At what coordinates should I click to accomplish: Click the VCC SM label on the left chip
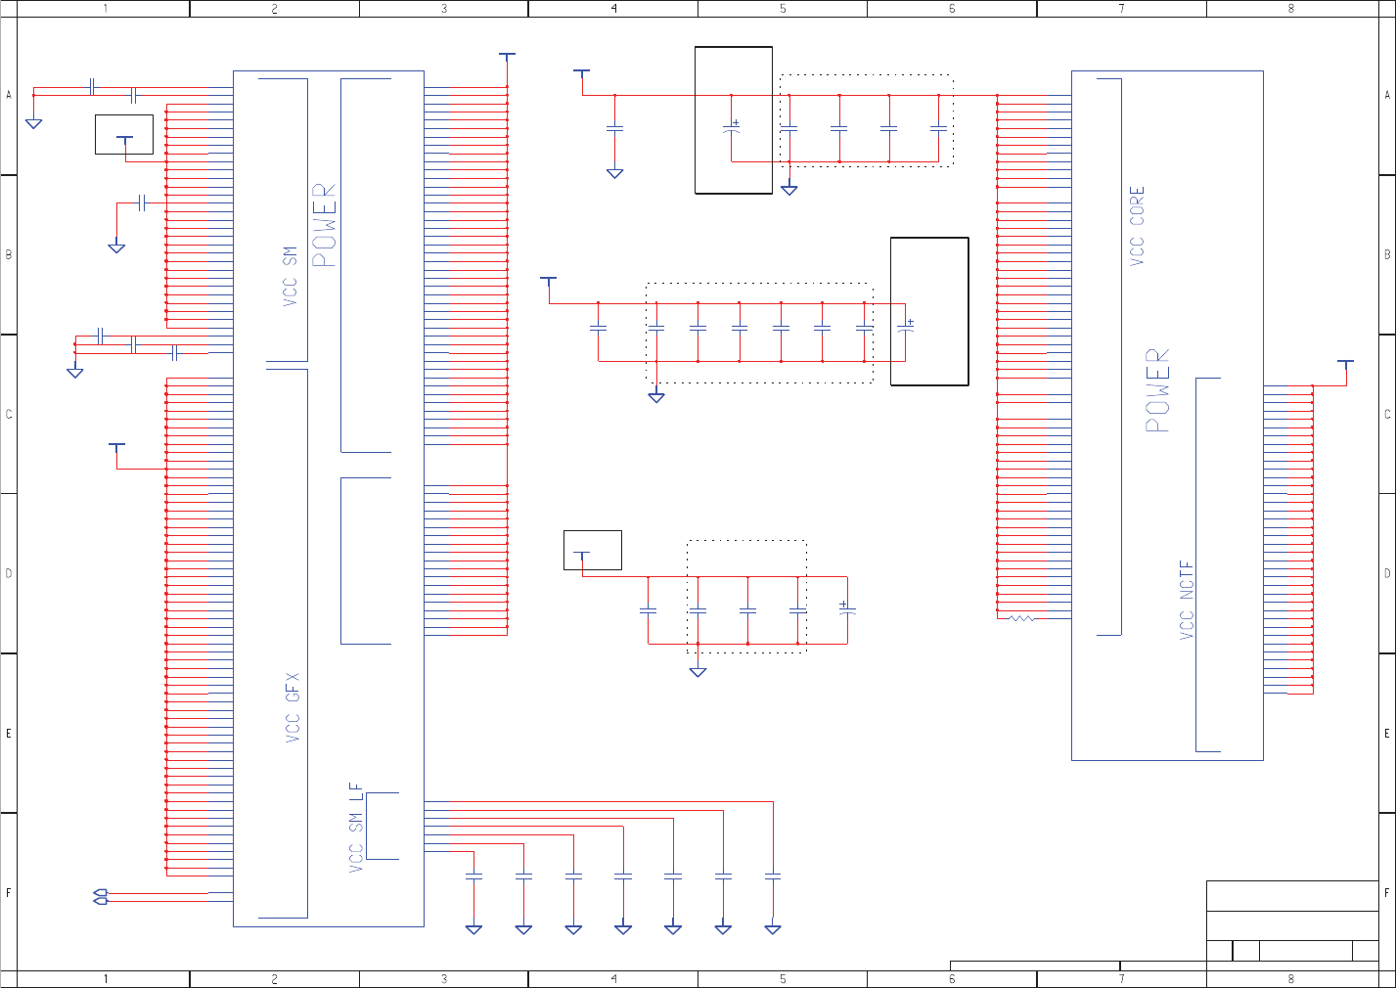pos(290,277)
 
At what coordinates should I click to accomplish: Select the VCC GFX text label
pos(293,707)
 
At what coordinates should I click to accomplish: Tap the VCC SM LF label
pos(356,828)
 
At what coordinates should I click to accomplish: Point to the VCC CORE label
pos(1137,226)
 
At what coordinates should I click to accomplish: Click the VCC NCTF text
pos(1187,600)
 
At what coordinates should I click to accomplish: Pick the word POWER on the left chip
pos(324,225)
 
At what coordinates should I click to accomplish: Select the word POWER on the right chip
pos(1157,390)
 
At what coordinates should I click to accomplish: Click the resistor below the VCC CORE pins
pos(1022,618)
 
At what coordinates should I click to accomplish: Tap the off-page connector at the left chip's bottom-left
pos(100,896)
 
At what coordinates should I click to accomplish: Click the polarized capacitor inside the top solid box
pos(732,127)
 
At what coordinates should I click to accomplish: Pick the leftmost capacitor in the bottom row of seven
pos(473,876)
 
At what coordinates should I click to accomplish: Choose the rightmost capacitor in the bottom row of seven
pos(773,876)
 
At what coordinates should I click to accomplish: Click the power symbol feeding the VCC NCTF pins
pos(1345,363)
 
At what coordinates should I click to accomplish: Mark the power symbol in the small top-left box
pos(124,140)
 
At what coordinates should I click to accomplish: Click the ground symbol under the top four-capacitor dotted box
pos(788,189)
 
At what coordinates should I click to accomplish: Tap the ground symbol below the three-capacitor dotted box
pos(698,672)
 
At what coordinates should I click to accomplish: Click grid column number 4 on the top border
pos(613,9)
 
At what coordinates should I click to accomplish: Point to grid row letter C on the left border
pos(9,414)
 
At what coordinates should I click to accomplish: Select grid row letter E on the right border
pos(1386,733)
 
